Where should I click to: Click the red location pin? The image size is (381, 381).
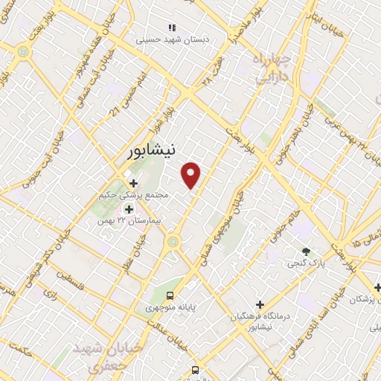click(191, 174)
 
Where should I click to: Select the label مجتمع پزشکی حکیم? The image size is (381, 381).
click(134, 195)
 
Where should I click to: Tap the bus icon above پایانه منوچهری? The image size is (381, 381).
click(172, 293)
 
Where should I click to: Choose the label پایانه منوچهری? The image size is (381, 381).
click(171, 305)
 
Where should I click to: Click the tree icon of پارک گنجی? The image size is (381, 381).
click(305, 252)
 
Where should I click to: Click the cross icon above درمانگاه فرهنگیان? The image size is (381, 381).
click(260, 304)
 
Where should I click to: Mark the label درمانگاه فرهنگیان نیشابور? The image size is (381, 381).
click(260, 321)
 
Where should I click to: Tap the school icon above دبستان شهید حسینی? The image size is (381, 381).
click(172, 28)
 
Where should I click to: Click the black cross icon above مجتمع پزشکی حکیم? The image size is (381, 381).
click(134, 182)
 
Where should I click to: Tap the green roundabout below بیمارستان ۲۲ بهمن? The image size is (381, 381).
click(173, 240)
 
